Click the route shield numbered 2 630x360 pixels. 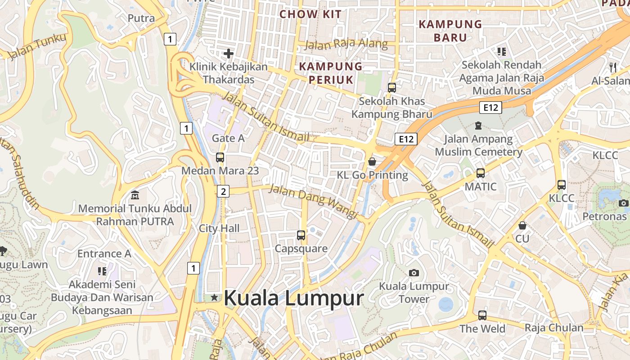click(x=223, y=191)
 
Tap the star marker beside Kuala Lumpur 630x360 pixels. click(x=215, y=297)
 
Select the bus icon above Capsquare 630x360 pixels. click(x=301, y=235)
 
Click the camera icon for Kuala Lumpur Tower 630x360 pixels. click(x=414, y=273)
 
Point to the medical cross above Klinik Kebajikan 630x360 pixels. click(x=229, y=54)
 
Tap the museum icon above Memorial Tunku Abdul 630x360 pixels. click(x=135, y=195)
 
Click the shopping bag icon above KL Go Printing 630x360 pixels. click(x=372, y=161)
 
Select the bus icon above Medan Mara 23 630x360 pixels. click(x=220, y=157)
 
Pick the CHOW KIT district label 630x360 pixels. click(x=310, y=14)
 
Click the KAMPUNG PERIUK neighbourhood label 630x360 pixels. click(x=331, y=73)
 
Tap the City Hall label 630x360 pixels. click(x=219, y=228)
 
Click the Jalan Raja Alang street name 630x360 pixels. click(x=346, y=44)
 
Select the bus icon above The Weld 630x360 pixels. click(x=482, y=315)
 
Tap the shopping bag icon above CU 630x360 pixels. click(x=522, y=225)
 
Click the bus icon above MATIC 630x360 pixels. click(x=481, y=173)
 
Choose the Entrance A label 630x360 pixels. click(x=104, y=253)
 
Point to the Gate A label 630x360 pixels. click(x=228, y=138)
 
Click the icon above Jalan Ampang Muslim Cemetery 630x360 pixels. click(x=478, y=126)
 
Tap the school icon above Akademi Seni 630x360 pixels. click(x=102, y=271)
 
